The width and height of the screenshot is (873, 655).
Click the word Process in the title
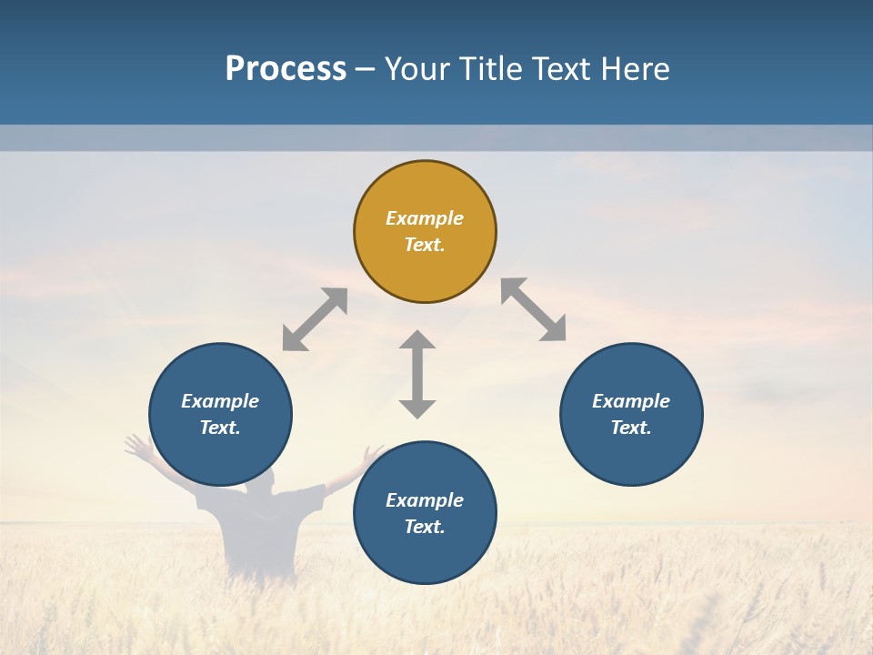pyautogui.click(x=286, y=69)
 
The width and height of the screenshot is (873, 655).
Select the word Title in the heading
pyautogui.click(x=492, y=69)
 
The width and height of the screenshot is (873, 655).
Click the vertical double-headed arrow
pyautogui.click(x=417, y=374)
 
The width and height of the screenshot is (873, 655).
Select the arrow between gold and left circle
pyautogui.click(x=315, y=319)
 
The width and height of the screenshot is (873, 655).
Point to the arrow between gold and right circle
pyautogui.click(x=534, y=309)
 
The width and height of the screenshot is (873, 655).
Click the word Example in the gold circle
pyautogui.click(x=425, y=218)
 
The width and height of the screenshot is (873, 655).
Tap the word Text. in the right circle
pyautogui.click(x=631, y=428)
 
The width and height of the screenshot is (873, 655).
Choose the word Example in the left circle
pyautogui.click(x=220, y=401)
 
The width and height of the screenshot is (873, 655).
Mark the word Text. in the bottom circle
pyautogui.click(x=425, y=527)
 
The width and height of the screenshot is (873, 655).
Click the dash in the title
pyautogui.click(x=366, y=69)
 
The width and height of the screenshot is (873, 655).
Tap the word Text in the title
pyautogui.click(x=560, y=69)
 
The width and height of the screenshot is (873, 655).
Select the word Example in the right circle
pyautogui.click(x=631, y=401)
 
